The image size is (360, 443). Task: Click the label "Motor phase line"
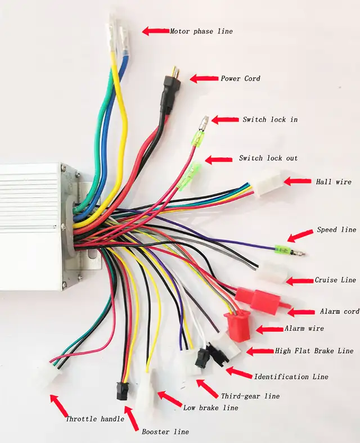click(x=201, y=31)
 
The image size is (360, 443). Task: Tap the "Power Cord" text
click(x=241, y=78)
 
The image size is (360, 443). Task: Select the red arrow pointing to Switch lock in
click(x=225, y=120)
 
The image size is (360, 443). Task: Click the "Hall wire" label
click(x=334, y=182)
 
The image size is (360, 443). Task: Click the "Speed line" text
click(x=336, y=229)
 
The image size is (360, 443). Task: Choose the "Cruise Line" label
click(x=335, y=280)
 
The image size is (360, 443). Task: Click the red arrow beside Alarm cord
click(x=301, y=312)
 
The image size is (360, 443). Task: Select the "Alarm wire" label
click(x=304, y=328)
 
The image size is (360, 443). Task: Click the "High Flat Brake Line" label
click(x=314, y=351)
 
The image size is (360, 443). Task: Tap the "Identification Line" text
click(x=291, y=377)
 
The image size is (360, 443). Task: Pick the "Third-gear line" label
click(x=250, y=396)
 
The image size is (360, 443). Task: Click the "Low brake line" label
click(x=210, y=408)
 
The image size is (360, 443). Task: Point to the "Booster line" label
click(x=165, y=432)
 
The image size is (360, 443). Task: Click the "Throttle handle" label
click(x=95, y=419)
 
